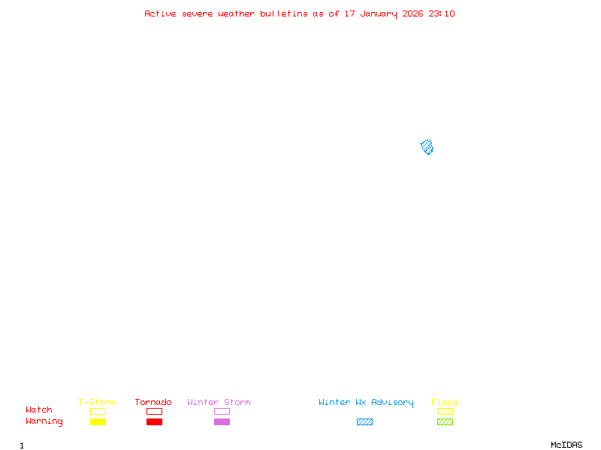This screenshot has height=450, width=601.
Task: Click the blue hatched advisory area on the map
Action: pyautogui.click(x=427, y=147)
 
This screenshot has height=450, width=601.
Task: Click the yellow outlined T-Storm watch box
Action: pyautogui.click(x=98, y=411)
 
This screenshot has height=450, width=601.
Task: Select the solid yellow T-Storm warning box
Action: pyautogui.click(x=98, y=422)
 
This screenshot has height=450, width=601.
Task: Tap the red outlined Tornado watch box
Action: pyautogui.click(x=154, y=411)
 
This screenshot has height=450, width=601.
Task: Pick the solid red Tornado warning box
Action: pyautogui.click(x=154, y=422)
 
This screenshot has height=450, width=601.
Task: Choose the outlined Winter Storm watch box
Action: pyautogui.click(x=222, y=411)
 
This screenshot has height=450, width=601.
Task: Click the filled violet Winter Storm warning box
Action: pyautogui.click(x=222, y=422)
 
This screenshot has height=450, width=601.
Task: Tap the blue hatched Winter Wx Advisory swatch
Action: pyautogui.click(x=364, y=422)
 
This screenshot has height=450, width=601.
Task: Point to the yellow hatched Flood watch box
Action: pyautogui.click(x=445, y=411)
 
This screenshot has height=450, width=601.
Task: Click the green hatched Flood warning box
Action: pyautogui.click(x=445, y=422)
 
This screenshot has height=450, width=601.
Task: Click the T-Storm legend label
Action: pyautogui.click(x=97, y=403)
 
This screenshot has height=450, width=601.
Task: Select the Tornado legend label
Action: pyautogui.click(x=153, y=403)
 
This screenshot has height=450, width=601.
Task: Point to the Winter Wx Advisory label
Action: pyautogui.click(x=366, y=403)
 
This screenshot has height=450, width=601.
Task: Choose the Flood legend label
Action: pyautogui.click(x=445, y=403)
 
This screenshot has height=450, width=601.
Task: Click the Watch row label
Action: pyautogui.click(x=39, y=410)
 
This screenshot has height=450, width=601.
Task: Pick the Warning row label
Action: pyautogui.click(x=44, y=421)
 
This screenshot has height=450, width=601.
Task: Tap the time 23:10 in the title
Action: pyautogui.click(x=442, y=13)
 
